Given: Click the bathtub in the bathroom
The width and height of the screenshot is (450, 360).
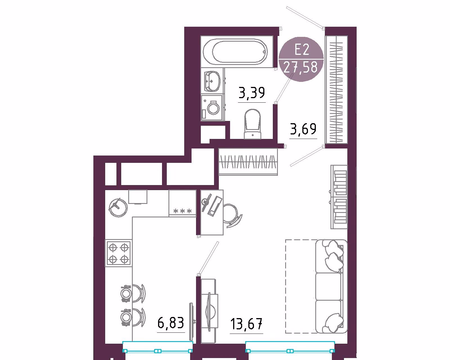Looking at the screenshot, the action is [237, 52].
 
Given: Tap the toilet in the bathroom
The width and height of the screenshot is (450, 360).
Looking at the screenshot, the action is [253, 124].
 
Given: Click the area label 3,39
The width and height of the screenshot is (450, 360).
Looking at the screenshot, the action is [252, 93].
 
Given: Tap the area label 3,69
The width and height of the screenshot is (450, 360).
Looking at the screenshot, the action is [303, 129].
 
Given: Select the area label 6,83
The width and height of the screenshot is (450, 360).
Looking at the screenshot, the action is [171, 323].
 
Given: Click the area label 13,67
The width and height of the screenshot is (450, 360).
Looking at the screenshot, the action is [246, 324].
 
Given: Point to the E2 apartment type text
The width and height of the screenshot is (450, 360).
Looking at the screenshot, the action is [301, 50].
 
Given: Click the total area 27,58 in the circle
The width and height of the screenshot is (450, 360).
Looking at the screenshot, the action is [301, 67].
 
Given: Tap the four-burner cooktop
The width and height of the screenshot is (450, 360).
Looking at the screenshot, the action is [119, 253].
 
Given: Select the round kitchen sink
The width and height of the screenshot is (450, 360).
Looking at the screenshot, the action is [118, 208].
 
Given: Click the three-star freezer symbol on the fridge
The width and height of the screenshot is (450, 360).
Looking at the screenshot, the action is [183, 211].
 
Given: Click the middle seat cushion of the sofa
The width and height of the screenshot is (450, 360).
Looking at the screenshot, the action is [328, 286].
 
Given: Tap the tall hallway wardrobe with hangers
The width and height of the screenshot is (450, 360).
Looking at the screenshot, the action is [336, 89].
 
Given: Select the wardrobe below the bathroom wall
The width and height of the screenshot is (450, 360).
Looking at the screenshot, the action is [248, 162].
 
